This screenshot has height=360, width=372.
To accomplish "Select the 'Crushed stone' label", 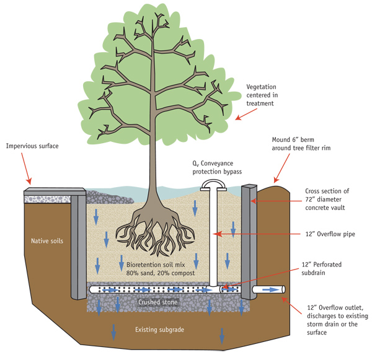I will pos(157,302).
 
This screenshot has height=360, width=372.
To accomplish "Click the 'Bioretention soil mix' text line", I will pos(149,264).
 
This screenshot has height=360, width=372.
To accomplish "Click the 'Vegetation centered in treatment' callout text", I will pos(271,96).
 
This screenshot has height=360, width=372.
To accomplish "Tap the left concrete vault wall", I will pos(78,242).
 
